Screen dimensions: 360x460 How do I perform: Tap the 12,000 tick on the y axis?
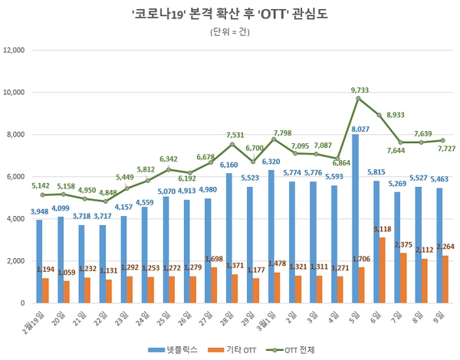click(x=16, y=51)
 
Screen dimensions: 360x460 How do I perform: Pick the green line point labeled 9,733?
click(x=357, y=98)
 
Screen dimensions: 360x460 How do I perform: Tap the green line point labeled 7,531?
click(x=233, y=144)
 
